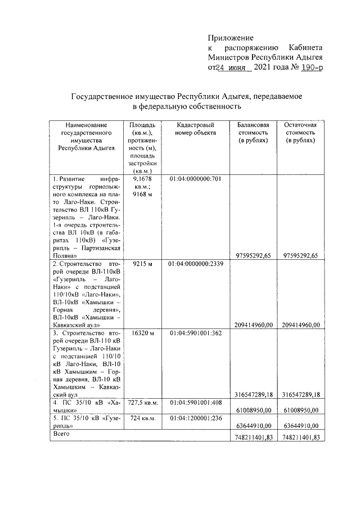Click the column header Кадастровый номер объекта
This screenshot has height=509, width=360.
(x=195, y=129)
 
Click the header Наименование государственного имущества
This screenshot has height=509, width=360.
(x=86, y=137)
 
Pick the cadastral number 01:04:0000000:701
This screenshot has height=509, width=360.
(x=195, y=179)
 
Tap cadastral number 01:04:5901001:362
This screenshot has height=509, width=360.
(x=195, y=333)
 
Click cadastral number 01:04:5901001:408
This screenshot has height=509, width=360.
(x=195, y=402)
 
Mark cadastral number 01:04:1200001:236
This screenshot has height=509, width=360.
(x=195, y=418)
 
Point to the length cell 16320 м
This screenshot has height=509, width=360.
(x=142, y=333)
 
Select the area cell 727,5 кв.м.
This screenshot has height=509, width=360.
(x=142, y=402)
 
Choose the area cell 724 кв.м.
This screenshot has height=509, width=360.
(x=142, y=418)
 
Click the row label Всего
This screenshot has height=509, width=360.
(x=60, y=435)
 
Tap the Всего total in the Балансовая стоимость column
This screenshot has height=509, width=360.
(x=254, y=438)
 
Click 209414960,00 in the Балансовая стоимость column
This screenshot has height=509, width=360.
(x=254, y=325)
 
